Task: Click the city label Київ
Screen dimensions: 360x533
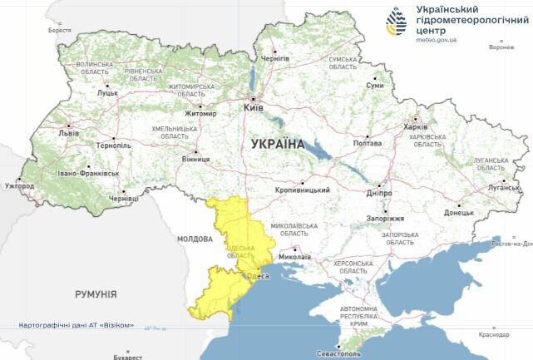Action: [x=254, y=108]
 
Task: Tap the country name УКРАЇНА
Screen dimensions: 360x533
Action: [x=277, y=144]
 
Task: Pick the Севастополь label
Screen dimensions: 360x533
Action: [x=333, y=353]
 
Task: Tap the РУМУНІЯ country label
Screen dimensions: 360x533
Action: [x=96, y=294]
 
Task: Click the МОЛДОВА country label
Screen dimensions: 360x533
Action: [x=195, y=239]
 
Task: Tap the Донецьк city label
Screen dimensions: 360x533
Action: [x=458, y=213]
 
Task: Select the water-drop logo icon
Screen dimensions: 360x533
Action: [x=398, y=22]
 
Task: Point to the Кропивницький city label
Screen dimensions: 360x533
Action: [x=303, y=190]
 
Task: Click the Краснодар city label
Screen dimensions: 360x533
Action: [x=494, y=335]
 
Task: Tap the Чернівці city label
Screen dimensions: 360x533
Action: [x=123, y=200]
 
